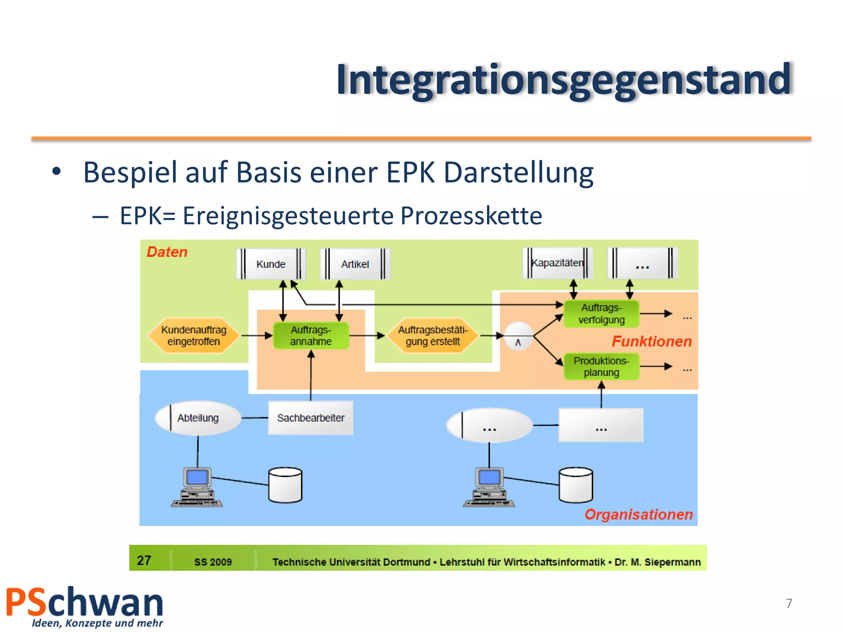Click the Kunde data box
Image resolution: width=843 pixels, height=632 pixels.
click(x=270, y=264)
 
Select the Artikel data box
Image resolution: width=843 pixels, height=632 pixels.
click(x=355, y=264)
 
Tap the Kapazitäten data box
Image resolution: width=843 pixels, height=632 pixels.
click(x=557, y=263)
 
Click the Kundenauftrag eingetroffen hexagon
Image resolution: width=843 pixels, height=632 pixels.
click(x=193, y=336)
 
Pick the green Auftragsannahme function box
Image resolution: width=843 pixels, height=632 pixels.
click(x=311, y=336)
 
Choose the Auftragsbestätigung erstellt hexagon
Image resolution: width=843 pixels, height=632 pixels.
click(x=433, y=336)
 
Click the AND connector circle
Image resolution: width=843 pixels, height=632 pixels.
click(x=518, y=336)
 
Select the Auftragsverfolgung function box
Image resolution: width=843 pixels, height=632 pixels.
click(x=601, y=314)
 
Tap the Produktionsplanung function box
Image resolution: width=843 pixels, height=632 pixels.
click(x=601, y=367)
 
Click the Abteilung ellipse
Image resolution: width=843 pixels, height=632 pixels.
click(x=198, y=418)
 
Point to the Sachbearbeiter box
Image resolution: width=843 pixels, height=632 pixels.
click(x=311, y=418)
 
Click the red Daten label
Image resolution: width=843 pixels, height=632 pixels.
click(x=167, y=252)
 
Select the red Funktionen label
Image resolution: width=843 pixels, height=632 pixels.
click(x=651, y=342)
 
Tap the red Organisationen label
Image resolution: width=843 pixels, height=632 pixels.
click(x=638, y=514)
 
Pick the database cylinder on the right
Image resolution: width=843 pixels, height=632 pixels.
click(x=575, y=485)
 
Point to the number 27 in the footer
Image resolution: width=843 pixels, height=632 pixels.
click(x=144, y=560)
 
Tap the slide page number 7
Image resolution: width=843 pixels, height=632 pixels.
click(x=789, y=603)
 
